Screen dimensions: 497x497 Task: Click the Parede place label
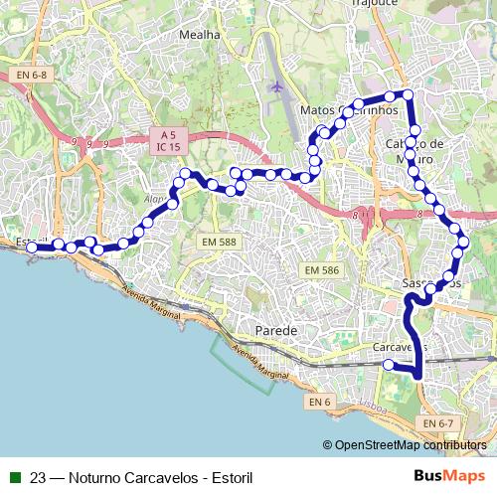click(275, 329)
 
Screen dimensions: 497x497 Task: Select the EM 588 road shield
click(218, 242)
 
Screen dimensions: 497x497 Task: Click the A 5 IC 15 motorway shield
click(167, 140)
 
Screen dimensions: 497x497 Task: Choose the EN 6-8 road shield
click(31, 75)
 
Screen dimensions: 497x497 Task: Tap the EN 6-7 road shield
click(437, 423)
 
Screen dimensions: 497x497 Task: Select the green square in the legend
click(15, 477)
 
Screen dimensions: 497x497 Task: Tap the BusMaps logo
click(448, 476)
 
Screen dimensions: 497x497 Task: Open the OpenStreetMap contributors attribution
click(411, 445)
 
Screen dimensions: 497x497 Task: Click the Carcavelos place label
click(400, 348)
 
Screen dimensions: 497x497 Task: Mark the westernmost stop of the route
click(32, 248)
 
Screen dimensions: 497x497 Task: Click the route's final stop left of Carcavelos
click(389, 365)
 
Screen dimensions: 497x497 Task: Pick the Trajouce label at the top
click(374, 4)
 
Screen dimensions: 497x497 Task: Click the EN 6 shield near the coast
click(318, 402)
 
